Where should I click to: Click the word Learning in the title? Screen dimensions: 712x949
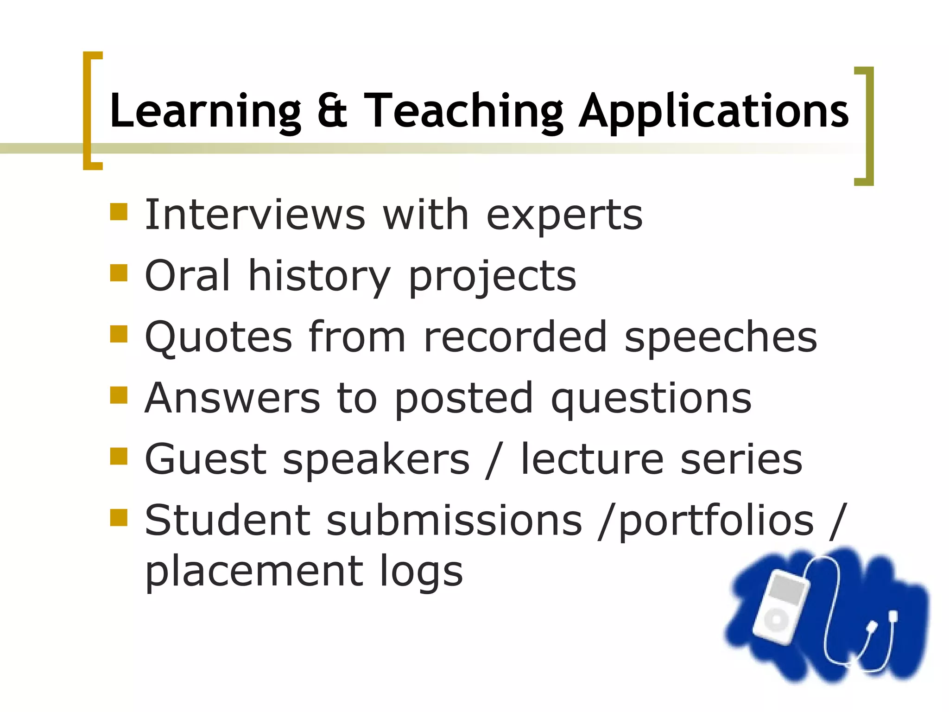pyautogui.click(x=205, y=111)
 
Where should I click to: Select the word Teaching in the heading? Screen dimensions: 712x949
pyautogui.click(x=463, y=111)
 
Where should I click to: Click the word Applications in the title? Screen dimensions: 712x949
pyautogui.click(x=714, y=111)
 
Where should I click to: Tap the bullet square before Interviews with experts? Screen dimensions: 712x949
pyautogui.click(x=119, y=212)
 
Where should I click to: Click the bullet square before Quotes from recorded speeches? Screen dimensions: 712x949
pyautogui.click(x=119, y=334)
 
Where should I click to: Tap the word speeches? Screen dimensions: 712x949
pyautogui.click(x=721, y=338)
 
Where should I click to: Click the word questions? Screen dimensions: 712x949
pyautogui.click(x=651, y=400)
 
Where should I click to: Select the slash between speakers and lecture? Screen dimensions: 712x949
pyautogui.click(x=494, y=460)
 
